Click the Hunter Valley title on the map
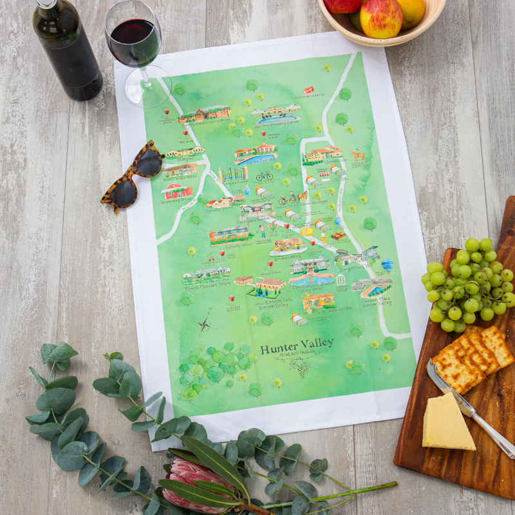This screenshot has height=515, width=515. [x=297, y=343]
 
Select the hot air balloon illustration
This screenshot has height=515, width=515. [x=387, y=265]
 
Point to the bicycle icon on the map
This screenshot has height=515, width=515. [x=264, y=176]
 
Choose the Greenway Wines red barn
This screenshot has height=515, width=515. [x=177, y=191]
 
